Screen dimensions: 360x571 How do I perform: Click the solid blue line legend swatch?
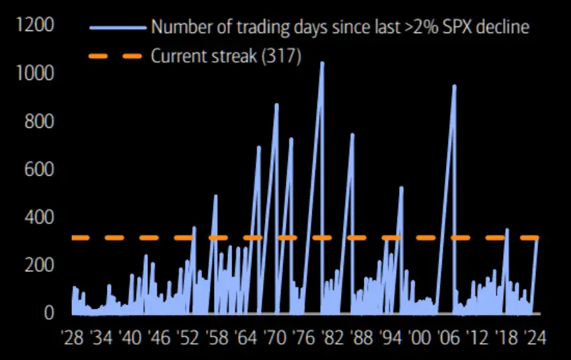(118, 28)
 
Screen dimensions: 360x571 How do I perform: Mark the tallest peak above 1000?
(322, 63)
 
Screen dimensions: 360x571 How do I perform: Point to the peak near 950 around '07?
(455, 86)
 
